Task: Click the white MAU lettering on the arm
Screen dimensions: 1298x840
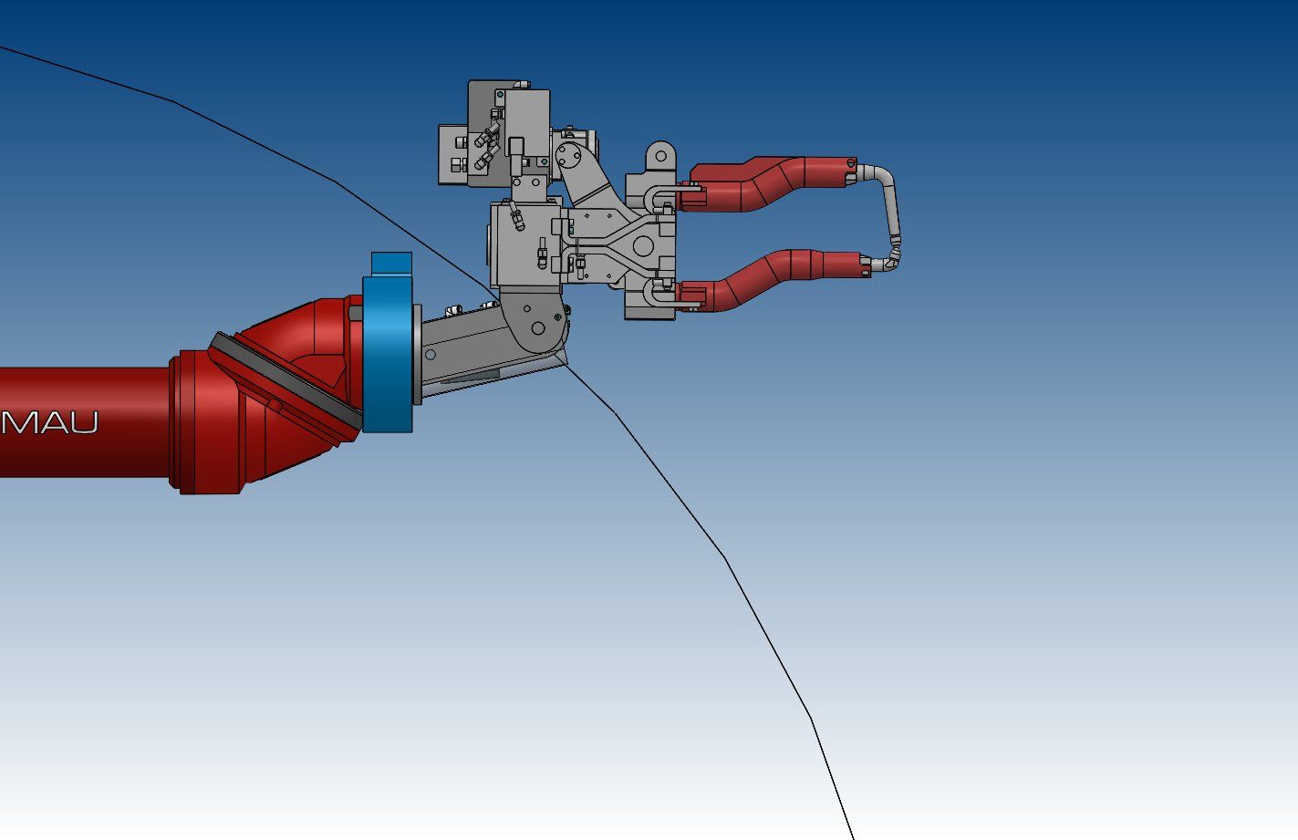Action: click(48, 423)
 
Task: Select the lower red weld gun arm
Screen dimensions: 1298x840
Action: click(771, 280)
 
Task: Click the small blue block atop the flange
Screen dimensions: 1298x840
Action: click(391, 263)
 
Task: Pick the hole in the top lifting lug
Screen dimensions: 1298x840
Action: click(661, 155)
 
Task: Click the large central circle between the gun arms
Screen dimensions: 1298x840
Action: click(643, 245)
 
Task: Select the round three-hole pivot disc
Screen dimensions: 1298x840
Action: click(568, 155)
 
